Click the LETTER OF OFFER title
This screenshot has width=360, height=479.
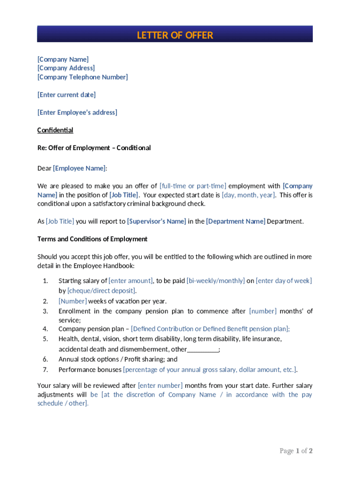pos(175,35)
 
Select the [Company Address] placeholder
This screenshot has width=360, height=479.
pos(66,68)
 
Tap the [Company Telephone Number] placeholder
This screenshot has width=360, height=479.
pos(82,77)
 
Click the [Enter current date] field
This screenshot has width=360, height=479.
pos(66,95)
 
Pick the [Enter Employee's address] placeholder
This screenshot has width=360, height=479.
pos(77,112)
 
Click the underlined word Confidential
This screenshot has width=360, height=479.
pos(55,130)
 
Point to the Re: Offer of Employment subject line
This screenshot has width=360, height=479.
pos(94,148)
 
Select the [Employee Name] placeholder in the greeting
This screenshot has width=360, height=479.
pos(79,168)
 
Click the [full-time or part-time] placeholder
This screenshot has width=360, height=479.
pos(193,186)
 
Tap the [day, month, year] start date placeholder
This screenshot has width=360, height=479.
pos(248,195)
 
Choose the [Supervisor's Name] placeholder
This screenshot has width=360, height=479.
pos(157,222)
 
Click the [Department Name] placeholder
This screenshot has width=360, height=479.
pos(236,222)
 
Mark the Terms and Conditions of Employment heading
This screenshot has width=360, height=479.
pos(92,239)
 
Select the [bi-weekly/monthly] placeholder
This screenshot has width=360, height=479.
pos(215,281)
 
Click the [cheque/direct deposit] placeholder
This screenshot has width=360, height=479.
pos(98,290)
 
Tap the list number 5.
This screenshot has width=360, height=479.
pos(45,339)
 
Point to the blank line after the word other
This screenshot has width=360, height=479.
pos(202,349)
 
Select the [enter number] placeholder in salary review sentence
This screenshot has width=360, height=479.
pos(160,386)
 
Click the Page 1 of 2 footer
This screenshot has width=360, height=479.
pos(295,451)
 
